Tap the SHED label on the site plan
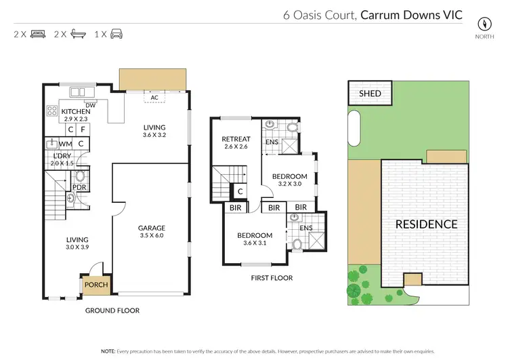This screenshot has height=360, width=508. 370,94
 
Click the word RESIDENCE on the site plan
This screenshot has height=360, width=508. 426,224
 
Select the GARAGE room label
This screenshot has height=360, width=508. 151,228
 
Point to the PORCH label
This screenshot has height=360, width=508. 96,285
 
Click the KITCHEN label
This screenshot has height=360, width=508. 76,112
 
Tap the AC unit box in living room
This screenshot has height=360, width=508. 154,97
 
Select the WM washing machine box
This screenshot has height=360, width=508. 66,144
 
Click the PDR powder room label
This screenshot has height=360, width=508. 78,186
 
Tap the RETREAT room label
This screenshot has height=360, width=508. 236,140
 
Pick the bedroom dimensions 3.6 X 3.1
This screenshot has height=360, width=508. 255,243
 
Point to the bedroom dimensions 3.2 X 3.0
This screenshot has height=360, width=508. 290,184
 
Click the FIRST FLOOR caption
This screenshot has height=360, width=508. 271,278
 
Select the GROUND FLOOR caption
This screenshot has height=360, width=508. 112,311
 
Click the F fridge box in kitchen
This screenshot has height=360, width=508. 82,128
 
